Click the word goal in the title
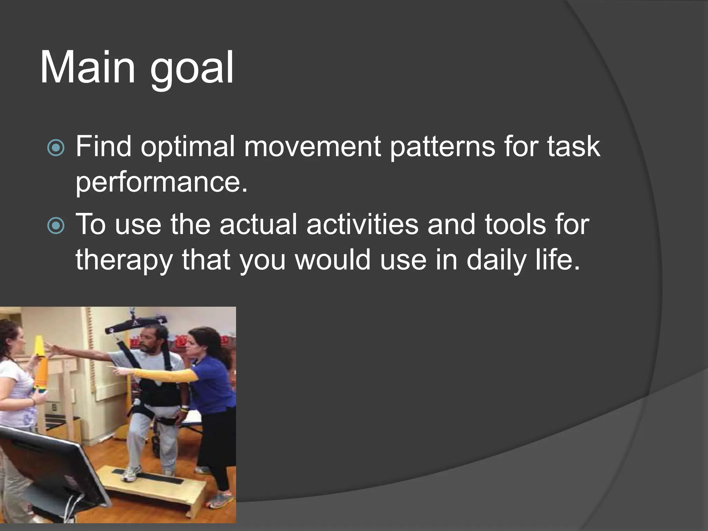(192, 69)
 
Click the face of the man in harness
(148, 342)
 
